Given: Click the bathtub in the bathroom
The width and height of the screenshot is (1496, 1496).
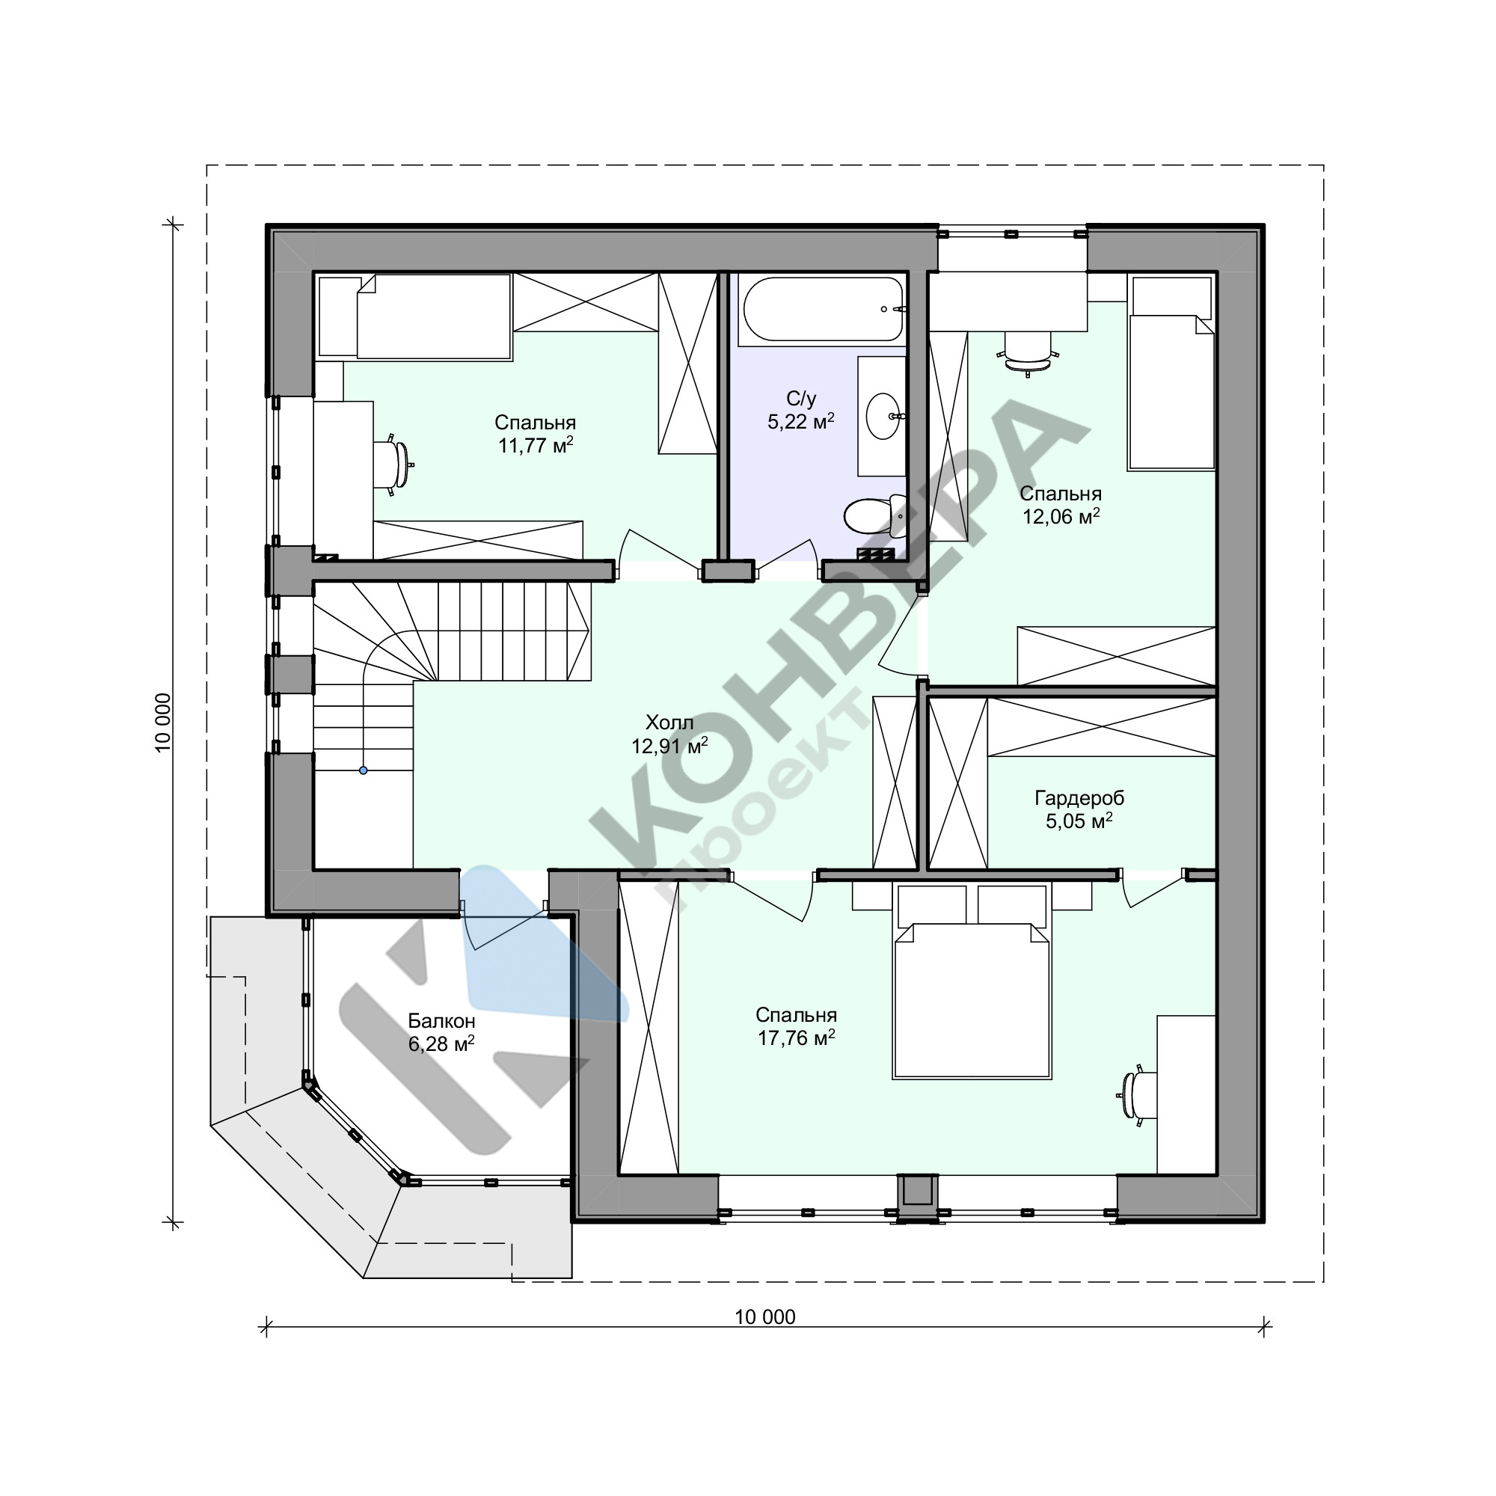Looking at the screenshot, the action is pos(822,310).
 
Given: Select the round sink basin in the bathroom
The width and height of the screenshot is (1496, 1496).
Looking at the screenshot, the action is pos(883,416).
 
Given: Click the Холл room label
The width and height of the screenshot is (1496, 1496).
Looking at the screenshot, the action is pos(669,723).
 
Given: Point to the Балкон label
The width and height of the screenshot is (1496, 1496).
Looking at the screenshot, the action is pos(441,1021).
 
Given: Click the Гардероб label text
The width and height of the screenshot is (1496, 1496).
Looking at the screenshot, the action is pos(1079,798).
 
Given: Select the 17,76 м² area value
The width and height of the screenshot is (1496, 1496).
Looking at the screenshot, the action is pos(796,1038).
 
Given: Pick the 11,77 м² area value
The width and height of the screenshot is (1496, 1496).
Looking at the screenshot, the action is pos(535,445).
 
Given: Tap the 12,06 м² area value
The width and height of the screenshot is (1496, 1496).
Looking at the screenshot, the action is pos(1061,516).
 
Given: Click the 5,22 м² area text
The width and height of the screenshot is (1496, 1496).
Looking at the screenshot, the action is pos(800,421).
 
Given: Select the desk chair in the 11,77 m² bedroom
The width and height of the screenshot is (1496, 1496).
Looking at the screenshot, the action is pos(393,465).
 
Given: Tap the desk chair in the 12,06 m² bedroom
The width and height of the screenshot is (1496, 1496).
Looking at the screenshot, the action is pos(1028,352).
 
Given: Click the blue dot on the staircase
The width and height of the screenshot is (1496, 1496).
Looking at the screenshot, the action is pos(364,770).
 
